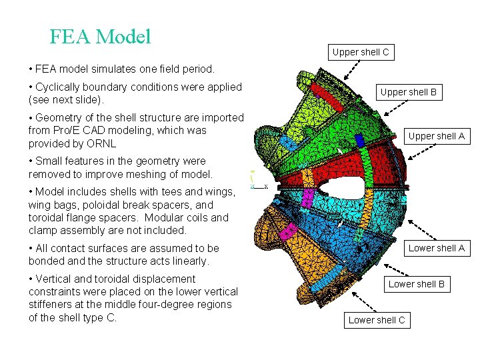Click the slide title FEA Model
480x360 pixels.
[100, 36]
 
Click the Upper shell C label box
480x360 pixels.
[361, 52]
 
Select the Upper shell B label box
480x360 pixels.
[408, 92]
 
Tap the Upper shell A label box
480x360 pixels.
[436, 136]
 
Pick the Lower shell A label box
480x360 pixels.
[436, 248]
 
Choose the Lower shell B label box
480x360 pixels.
[416, 284]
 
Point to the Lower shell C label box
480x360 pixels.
[377, 320]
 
